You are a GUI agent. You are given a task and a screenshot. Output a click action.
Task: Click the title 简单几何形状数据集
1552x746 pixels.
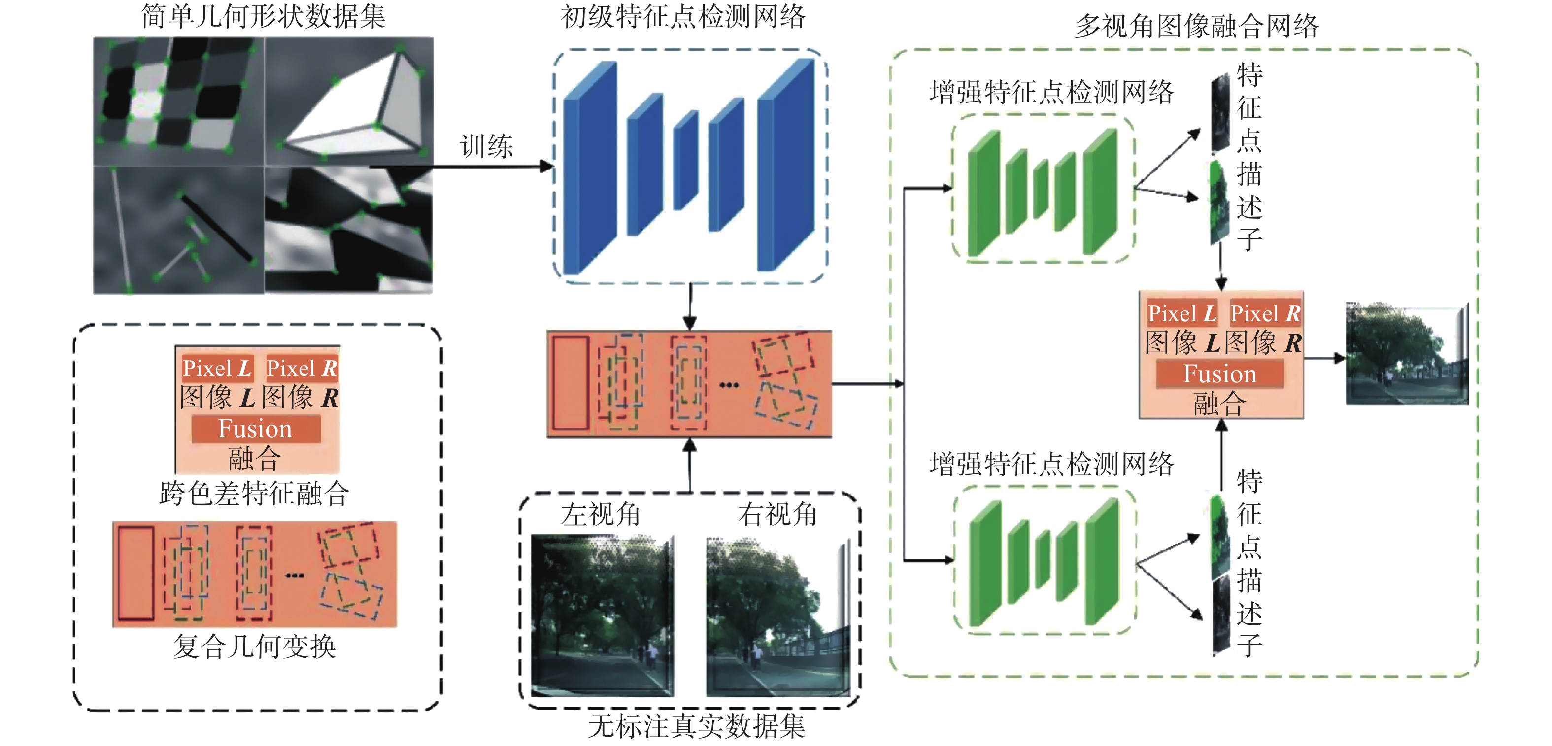[x=263, y=16]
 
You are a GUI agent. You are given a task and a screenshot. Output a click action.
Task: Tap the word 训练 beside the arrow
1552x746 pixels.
[x=486, y=146]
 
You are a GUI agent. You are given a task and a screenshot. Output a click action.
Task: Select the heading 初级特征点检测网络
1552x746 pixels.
[x=682, y=16]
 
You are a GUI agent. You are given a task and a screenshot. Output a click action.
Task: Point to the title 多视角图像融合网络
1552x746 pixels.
[x=1197, y=27]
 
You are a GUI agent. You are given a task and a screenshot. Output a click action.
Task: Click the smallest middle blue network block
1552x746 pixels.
[x=686, y=160]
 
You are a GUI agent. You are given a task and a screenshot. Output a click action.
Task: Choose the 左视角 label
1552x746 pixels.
[x=600, y=514]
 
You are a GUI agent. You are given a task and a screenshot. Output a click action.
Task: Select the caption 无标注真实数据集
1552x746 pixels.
[x=697, y=726]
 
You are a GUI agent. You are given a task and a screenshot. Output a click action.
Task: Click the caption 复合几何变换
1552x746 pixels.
[x=254, y=646]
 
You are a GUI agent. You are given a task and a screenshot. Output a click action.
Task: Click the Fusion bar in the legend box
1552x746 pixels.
[x=255, y=429]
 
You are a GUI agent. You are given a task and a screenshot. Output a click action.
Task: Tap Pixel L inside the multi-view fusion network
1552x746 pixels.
[x=1181, y=313]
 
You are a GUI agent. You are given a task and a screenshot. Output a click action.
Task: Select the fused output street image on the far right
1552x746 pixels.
[x=1406, y=354]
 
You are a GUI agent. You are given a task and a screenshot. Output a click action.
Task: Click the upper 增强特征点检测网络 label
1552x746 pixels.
[x=1051, y=92]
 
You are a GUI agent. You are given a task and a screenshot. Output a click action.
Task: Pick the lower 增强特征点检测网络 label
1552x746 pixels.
[x=1051, y=465]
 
